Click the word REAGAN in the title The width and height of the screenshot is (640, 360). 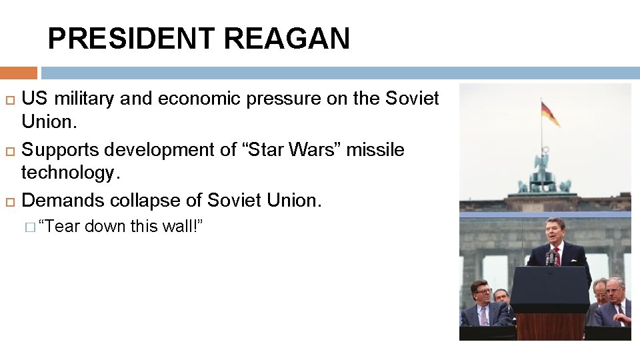[287, 39]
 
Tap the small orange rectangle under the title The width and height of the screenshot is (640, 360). [19, 73]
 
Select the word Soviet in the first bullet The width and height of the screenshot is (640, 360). [412, 99]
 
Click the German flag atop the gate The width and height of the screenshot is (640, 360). [550, 113]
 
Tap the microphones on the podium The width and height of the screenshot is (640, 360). [551, 259]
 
